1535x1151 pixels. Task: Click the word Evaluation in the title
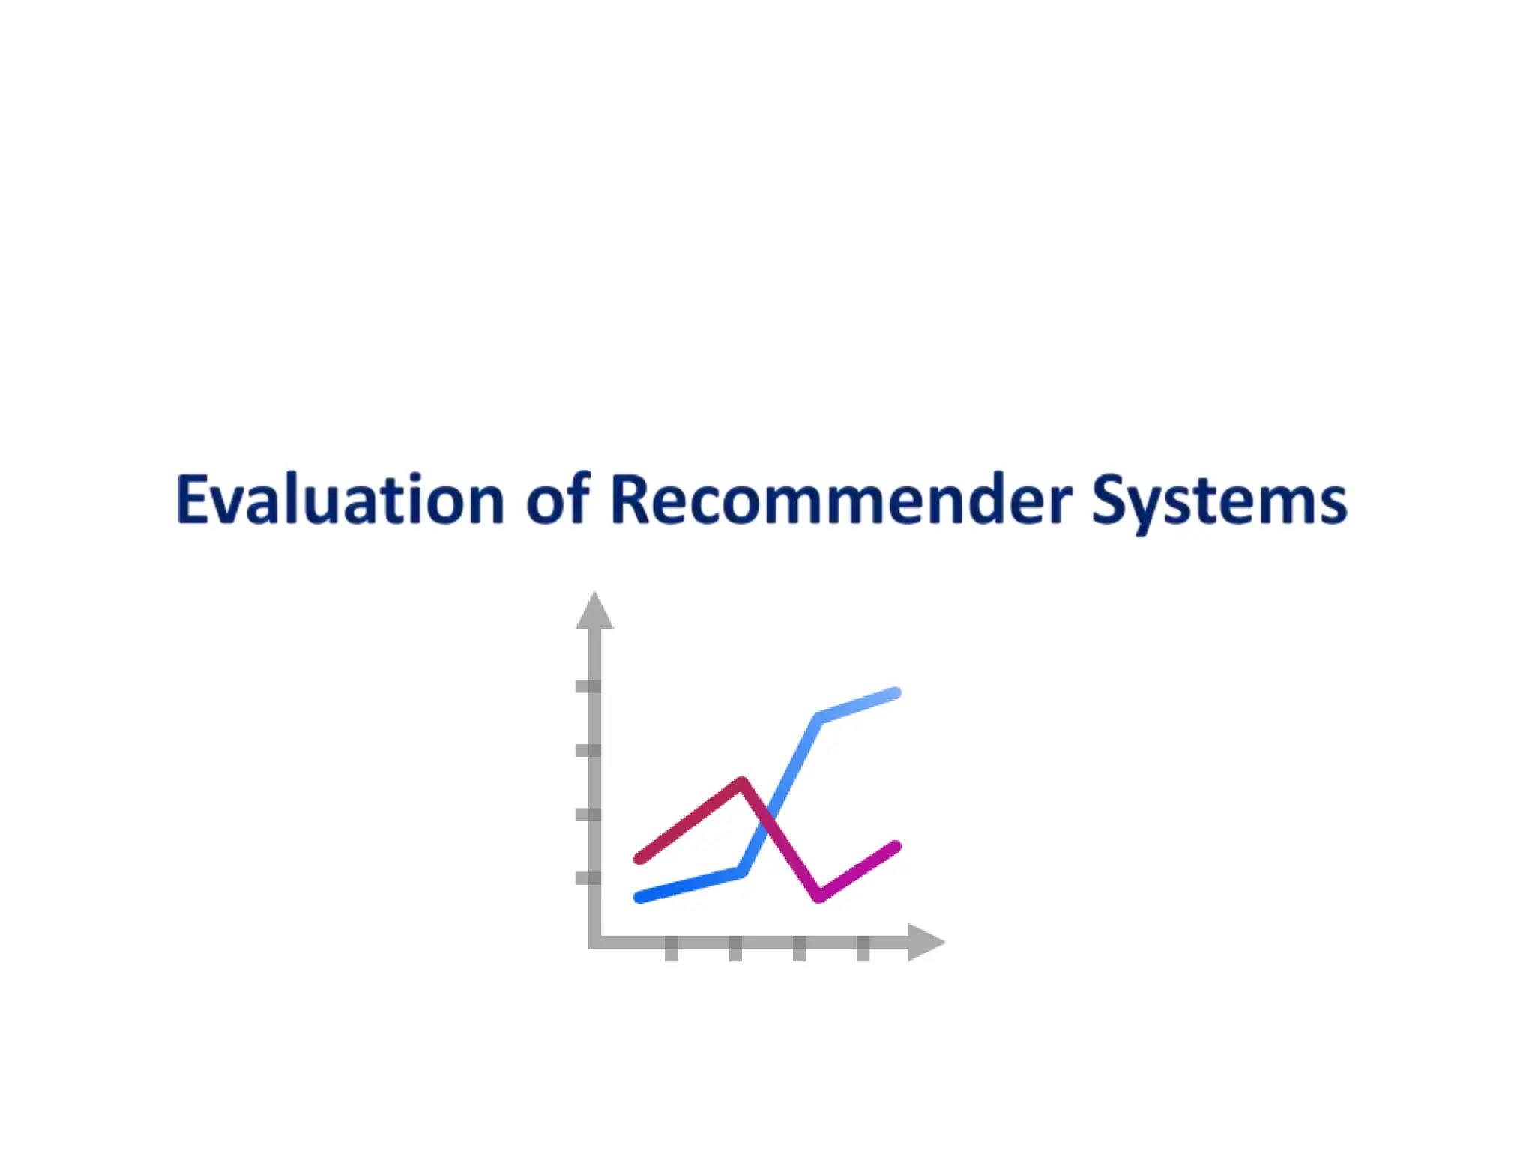click(x=340, y=500)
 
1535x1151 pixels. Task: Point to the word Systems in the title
click(x=1219, y=501)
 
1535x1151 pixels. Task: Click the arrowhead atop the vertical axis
click(x=594, y=611)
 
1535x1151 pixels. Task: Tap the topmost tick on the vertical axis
click(x=588, y=686)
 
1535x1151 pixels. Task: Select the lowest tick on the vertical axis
click(x=588, y=878)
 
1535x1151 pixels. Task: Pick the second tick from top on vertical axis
click(x=588, y=750)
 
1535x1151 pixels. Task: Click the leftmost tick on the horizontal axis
click(x=672, y=949)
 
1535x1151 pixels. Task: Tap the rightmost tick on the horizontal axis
click(x=863, y=949)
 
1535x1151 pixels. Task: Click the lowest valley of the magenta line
click(x=819, y=896)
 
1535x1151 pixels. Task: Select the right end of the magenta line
click(x=896, y=847)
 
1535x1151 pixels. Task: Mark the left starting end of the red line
click(x=639, y=859)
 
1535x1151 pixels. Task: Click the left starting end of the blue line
click(x=639, y=897)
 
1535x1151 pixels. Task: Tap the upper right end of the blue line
click(x=896, y=693)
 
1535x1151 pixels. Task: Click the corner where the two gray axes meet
click(x=595, y=942)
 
